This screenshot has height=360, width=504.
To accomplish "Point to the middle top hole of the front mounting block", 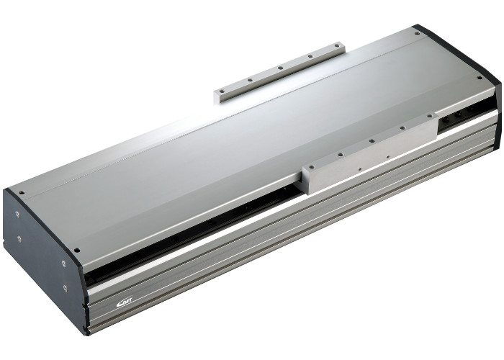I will click(x=372, y=143).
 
